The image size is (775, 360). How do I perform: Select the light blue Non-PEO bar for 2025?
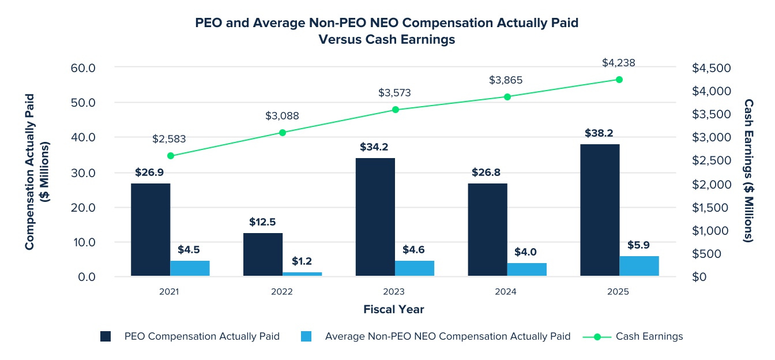(x=639, y=266)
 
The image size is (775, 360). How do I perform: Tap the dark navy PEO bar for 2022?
(x=263, y=254)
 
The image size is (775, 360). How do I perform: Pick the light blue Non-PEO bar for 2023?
(x=415, y=268)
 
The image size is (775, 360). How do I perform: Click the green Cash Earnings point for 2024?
(x=507, y=97)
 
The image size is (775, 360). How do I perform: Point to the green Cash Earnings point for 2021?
(x=170, y=156)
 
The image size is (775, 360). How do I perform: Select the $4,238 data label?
(x=619, y=63)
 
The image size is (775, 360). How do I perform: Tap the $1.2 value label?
(x=302, y=261)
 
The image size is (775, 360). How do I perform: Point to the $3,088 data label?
(x=282, y=116)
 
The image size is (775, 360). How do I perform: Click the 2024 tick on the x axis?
(x=506, y=292)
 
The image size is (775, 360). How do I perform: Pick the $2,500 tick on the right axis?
(x=711, y=161)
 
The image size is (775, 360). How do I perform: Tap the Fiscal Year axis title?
(x=394, y=309)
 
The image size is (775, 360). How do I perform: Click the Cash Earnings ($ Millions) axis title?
(x=748, y=170)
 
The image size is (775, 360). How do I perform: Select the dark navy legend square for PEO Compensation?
(x=106, y=336)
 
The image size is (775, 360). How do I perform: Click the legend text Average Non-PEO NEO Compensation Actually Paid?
(x=447, y=336)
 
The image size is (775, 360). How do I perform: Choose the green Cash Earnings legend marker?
(x=597, y=336)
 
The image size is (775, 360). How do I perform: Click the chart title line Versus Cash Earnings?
(x=387, y=39)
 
